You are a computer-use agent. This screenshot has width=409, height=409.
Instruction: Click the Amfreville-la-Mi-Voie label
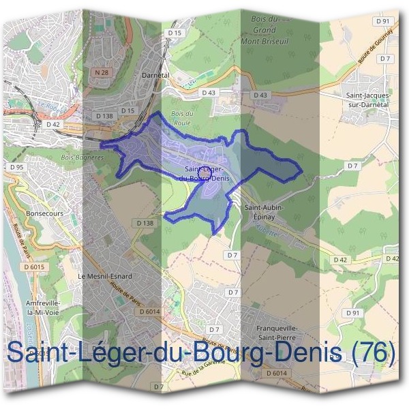43,307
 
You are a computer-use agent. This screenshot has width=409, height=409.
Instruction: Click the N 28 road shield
102,72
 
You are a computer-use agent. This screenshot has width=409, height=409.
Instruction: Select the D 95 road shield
17,166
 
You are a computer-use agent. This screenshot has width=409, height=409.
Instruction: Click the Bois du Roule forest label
182,118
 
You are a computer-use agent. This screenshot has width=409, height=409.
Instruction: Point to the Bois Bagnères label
82,157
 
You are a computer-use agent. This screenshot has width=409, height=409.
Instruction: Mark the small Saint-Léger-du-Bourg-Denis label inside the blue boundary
204,174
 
